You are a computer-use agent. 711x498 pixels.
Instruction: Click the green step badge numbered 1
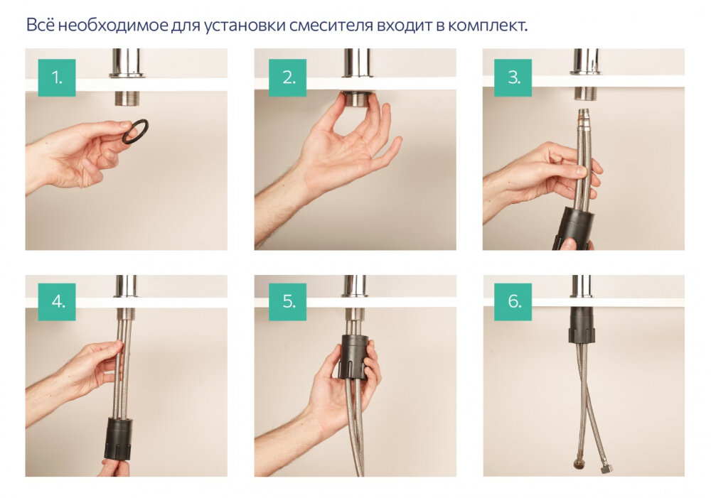[x=57, y=78]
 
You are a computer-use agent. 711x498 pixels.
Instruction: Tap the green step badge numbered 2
[x=287, y=78]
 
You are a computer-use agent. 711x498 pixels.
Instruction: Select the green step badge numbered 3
[x=514, y=78]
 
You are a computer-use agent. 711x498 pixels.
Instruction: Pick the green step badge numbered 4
[x=57, y=302]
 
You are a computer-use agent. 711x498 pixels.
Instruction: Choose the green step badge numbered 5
[x=287, y=302]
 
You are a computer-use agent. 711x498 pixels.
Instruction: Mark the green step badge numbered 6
[x=514, y=302]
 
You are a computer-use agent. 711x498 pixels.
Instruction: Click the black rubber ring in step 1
[x=135, y=131]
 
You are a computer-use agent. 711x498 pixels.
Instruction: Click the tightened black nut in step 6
[x=581, y=325]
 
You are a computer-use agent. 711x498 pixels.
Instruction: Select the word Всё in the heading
[x=39, y=26]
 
